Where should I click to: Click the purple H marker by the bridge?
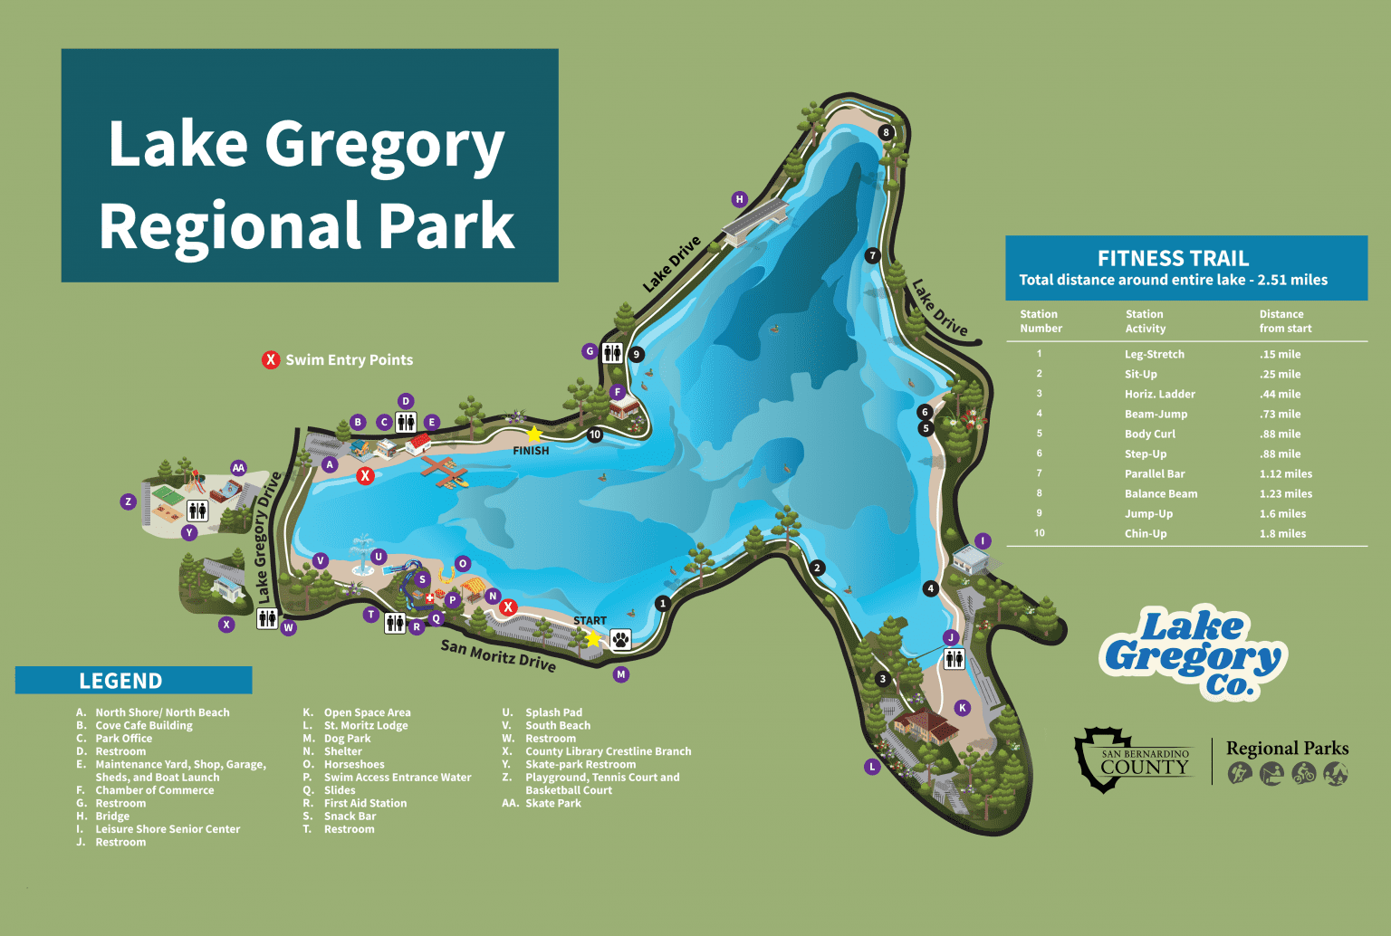point(740,199)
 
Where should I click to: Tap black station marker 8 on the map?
point(887,132)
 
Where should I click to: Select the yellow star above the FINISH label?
point(534,434)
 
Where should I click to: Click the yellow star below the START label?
point(592,639)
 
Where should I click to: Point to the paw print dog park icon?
point(620,640)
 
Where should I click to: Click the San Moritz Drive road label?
point(498,655)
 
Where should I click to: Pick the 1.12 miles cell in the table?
point(1285,473)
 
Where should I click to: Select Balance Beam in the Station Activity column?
point(1160,493)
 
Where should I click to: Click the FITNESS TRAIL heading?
point(1173,258)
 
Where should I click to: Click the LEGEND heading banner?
point(120,681)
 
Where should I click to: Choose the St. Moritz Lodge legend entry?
point(365,725)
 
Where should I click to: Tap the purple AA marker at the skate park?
point(238,468)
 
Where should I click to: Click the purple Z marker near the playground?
point(129,501)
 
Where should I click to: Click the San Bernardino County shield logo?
point(1103,759)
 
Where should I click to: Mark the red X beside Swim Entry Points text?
point(271,360)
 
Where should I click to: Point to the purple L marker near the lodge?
point(872,767)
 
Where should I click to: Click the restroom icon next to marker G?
point(613,353)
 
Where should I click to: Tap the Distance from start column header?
point(1284,321)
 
